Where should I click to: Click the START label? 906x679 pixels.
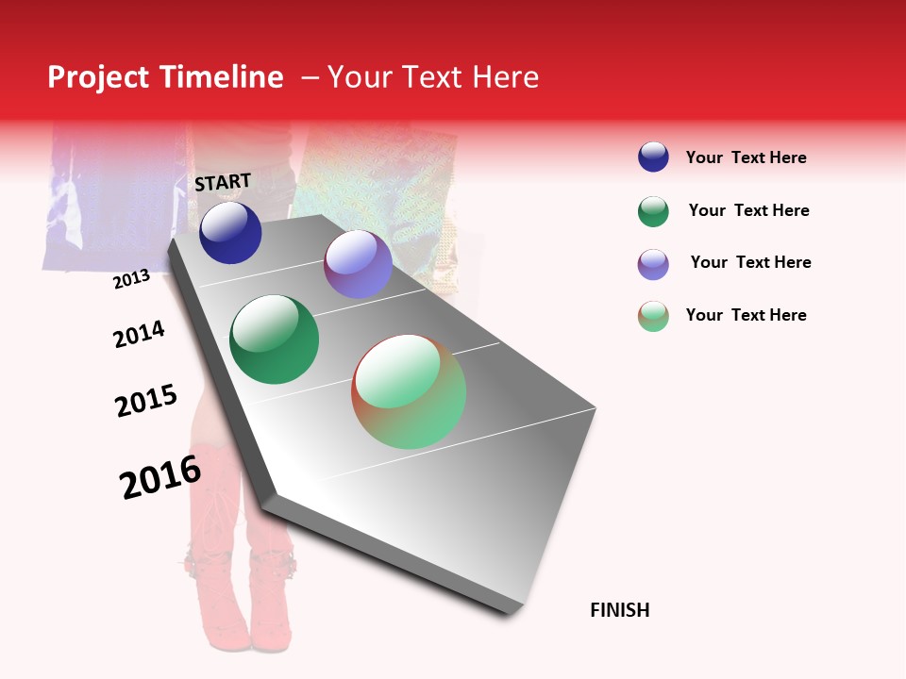(223, 182)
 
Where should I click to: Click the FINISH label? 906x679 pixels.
(620, 610)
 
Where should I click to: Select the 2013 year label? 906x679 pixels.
(131, 278)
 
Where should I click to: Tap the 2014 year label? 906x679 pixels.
(139, 334)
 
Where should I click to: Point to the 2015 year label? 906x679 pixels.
(146, 401)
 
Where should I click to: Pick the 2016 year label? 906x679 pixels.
(160, 477)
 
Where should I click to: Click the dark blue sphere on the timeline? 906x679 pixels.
(230, 233)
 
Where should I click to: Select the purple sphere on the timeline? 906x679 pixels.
(358, 264)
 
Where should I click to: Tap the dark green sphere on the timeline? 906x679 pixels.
(275, 339)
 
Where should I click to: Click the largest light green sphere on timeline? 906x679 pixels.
(409, 391)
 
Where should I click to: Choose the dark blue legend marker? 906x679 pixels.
(653, 157)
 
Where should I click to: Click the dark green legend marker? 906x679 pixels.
(653, 211)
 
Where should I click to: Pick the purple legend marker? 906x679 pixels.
(653, 264)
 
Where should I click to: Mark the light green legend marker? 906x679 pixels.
(653, 316)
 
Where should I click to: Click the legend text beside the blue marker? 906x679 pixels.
(746, 157)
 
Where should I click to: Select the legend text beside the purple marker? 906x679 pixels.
(750, 262)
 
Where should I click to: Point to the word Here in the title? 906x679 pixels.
(505, 77)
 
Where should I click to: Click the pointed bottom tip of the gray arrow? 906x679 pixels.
(511, 613)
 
